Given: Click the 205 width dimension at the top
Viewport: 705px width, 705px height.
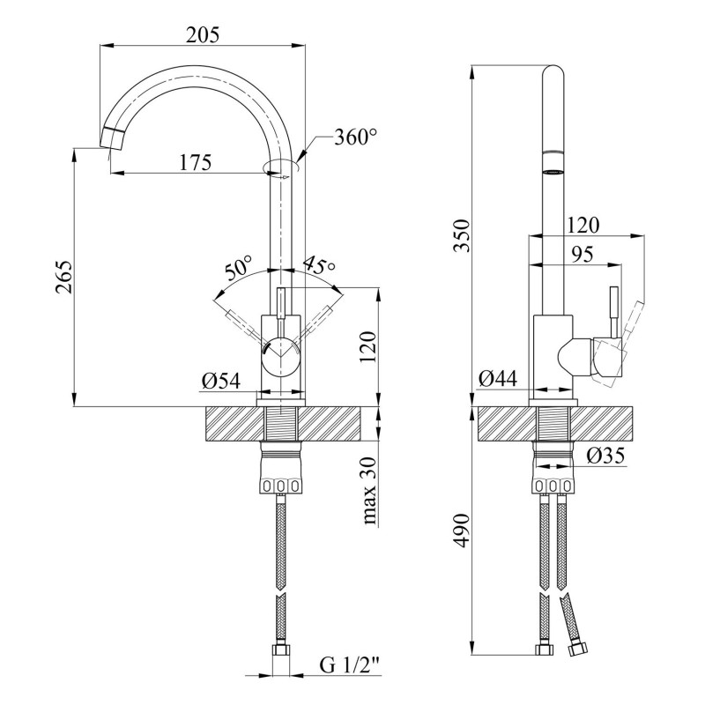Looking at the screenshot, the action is pos(203,34).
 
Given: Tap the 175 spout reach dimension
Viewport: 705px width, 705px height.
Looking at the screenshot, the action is pos(196,162).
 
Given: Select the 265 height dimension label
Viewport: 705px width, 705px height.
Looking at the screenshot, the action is pos(64,277).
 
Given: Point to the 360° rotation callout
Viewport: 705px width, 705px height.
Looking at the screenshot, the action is pos(355,137).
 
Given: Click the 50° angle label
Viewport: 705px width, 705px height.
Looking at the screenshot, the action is pos(238,268).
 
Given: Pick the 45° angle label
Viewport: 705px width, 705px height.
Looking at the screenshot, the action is pos(320,265).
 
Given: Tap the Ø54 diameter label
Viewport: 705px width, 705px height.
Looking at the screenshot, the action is pos(221,382).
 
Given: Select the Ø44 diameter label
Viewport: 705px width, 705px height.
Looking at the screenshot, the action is pos(498,379).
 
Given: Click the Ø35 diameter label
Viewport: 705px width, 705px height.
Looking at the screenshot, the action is pos(605,456).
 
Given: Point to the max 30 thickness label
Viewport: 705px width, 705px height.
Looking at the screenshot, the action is pos(369,491).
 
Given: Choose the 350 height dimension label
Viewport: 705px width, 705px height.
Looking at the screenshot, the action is pos(462,235).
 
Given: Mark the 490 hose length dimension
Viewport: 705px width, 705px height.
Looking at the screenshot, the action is pos(462,531).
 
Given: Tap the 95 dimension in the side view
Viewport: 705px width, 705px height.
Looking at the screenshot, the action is pos(583,255).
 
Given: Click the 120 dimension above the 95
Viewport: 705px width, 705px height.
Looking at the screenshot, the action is pos(583,226).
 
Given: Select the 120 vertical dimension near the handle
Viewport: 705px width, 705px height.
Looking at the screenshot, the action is pos(368,348).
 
